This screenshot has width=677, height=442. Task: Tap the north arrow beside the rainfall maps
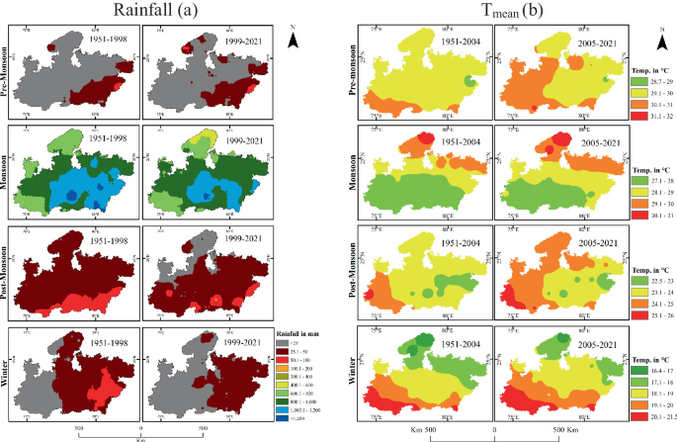pos(293,39)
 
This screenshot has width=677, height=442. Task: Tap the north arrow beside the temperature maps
pos(661,38)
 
